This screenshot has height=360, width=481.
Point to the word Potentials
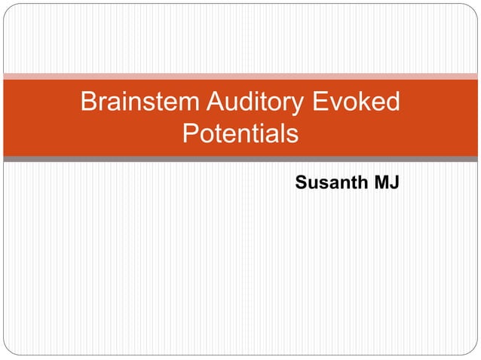coord(240,136)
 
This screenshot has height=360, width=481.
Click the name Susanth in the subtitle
coord(327,182)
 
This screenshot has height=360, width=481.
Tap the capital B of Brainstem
coord(89,102)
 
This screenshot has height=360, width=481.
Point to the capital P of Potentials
coord(191,136)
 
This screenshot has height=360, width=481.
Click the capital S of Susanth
coord(301,182)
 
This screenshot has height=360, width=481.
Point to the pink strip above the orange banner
coord(240,76)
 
